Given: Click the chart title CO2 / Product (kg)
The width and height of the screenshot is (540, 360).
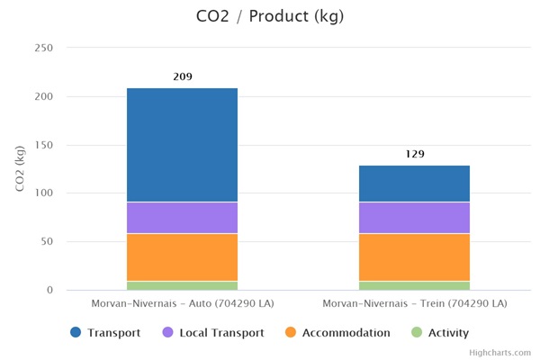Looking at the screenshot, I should click(x=269, y=16).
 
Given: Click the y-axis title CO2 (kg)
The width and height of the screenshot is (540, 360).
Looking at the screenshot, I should click(x=20, y=168).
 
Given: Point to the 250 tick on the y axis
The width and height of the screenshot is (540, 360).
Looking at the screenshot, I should click(x=43, y=48).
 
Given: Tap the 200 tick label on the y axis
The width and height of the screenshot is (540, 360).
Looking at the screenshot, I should click(x=43, y=96).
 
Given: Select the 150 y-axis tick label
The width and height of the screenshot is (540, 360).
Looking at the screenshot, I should click(x=43, y=145).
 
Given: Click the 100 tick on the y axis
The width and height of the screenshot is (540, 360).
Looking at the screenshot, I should click(x=43, y=193).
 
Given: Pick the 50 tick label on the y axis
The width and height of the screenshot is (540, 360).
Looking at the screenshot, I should click(x=47, y=242).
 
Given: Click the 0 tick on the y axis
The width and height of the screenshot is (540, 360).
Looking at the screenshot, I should click(x=50, y=290).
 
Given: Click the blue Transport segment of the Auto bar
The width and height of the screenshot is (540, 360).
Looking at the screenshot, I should click(x=182, y=145).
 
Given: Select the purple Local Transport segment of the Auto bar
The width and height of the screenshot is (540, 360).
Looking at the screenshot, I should click(x=182, y=217).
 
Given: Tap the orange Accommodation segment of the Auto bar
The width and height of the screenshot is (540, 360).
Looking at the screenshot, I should click(x=182, y=256).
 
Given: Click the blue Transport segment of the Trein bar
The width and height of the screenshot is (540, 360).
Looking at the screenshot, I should click(x=414, y=184).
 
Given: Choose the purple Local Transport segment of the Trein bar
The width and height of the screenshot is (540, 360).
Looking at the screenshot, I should click(x=414, y=217).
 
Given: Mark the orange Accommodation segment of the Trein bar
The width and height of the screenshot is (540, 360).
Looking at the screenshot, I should click(x=414, y=256).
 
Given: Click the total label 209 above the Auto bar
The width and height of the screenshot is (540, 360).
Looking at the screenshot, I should click(x=182, y=77).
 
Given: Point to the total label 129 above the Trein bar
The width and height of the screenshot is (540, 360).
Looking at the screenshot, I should click(x=414, y=154).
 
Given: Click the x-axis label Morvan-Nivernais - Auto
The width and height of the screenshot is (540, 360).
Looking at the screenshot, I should click(x=182, y=304).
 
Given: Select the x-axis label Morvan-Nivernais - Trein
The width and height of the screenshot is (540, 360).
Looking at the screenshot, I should click(x=414, y=304).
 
